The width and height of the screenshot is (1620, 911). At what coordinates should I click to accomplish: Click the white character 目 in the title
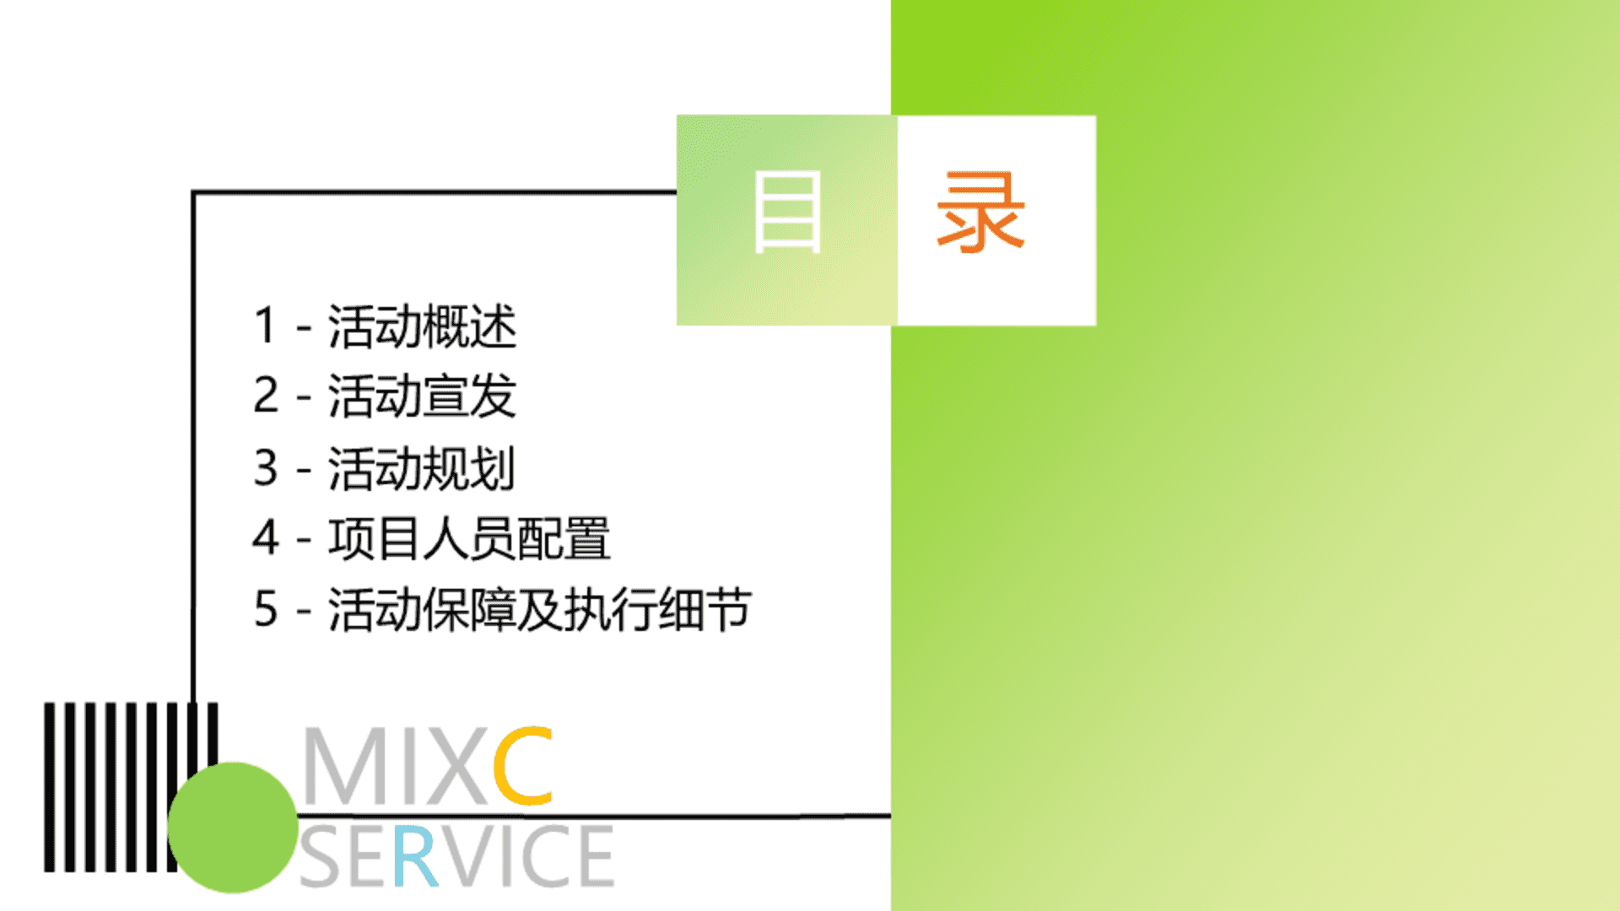[x=787, y=211]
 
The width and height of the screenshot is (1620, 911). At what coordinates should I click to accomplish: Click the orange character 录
[x=980, y=211]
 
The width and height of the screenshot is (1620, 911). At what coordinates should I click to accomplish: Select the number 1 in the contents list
[x=265, y=326]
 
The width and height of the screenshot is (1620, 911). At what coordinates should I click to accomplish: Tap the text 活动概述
[x=422, y=326]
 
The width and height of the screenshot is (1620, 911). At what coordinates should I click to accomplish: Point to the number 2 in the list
[x=266, y=395]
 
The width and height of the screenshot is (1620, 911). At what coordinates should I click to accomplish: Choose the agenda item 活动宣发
[x=422, y=396]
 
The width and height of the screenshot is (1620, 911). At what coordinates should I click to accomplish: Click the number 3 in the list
[x=266, y=467]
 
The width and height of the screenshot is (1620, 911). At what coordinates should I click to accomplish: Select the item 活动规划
[x=421, y=468]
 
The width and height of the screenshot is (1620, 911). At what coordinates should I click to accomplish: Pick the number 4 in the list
[x=266, y=537]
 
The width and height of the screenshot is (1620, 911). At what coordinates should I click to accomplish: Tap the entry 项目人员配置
[x=469, y=538]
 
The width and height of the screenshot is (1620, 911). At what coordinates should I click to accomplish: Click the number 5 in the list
[x=266, y=608]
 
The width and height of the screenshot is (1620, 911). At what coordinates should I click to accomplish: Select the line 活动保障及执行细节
[x=540, y=609]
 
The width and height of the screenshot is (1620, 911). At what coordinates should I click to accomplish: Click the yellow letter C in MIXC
[x=523, y=765]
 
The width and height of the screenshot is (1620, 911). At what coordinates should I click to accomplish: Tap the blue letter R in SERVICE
[x=415, y=856]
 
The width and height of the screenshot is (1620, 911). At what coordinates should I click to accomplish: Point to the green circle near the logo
[x=233, y=827]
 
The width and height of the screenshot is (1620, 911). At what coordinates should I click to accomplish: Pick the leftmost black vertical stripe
[x=49, y=787]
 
